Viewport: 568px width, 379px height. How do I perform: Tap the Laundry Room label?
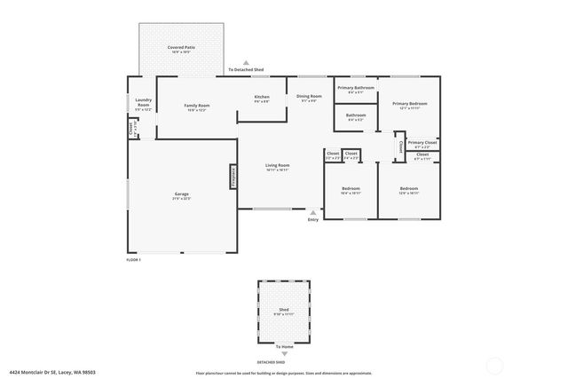click(144, 103)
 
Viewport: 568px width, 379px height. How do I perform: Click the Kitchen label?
click(261, 97)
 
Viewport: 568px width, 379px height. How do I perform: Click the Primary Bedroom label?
click(409, 104)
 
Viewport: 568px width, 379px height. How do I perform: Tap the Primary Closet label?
click(422, 142)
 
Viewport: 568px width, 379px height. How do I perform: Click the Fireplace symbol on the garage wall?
click(233, 176)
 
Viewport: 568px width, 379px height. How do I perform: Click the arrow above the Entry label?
click(312, 212)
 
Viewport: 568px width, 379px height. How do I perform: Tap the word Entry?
click(312, 219)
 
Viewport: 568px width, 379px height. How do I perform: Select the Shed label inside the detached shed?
click(284, 311)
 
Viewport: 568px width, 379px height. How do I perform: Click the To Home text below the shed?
click(284, 346)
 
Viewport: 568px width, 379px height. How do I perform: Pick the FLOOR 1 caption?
click(134, 259)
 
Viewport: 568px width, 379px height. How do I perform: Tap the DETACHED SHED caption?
click(272, 362)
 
